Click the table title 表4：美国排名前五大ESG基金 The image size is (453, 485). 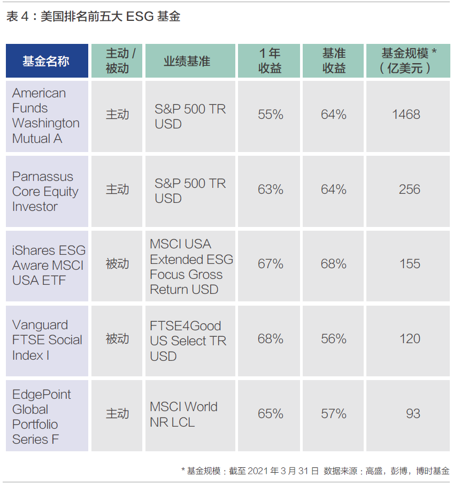[93, 17]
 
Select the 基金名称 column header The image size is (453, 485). [46, 61]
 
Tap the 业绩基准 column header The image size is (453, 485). [187, 61]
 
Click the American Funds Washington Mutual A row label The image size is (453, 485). [46, 116]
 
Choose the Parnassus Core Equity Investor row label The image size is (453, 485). [45, 192]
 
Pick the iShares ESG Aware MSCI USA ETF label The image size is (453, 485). [49, 266]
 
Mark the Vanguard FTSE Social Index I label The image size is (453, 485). [47, 340]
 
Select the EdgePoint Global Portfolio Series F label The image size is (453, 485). [41, 416]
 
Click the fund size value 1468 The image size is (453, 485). [406, 115]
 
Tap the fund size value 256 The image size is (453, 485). [410, 190]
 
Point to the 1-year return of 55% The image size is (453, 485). [271, 115]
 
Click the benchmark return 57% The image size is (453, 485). [333, 414]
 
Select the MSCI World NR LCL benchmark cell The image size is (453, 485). [183, 414]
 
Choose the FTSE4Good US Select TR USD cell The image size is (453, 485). [188, 341]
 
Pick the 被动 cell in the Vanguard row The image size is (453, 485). [117, 339]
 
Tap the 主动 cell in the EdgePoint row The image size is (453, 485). [117, 414]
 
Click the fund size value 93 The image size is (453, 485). [413, 414]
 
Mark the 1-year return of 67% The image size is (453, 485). [271, 264]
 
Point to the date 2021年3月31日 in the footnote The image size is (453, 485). [283, 471]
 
